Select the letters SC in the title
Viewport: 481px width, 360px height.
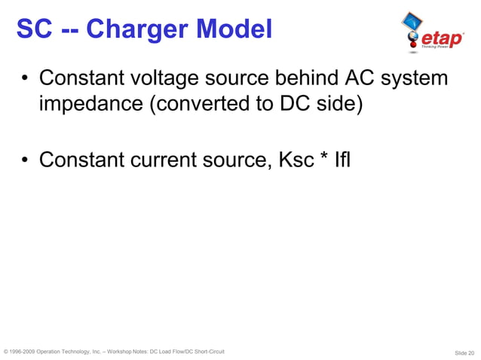click(33, 29)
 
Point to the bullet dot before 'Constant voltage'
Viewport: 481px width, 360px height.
click(25, 80)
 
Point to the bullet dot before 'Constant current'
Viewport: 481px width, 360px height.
click(25, 161)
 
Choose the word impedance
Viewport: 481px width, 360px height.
click(90, 104)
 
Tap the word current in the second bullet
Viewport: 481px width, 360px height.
click(173, 160)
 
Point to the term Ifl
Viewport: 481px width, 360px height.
click(342, 160)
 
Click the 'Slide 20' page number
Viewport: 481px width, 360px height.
click(464, 352)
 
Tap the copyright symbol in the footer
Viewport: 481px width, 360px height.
click(7, 352)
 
